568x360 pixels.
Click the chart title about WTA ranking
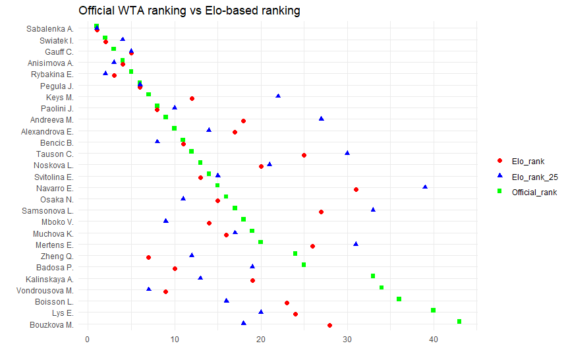pos(189,11)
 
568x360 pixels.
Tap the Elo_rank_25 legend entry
pos(534,176)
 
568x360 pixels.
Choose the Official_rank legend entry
pos(534,192)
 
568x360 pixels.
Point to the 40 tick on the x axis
pos(434,340)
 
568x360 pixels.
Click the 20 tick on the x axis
pos(261,340)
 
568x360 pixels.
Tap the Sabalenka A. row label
pos(49,29)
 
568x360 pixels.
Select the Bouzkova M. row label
pos(51,324)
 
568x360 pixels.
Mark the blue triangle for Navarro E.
pos(425,187)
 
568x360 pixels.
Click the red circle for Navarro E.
pos(356,189)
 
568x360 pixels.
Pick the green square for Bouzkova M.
pos(459,322)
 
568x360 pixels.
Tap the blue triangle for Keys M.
pos(278,96)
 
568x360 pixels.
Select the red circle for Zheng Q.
pos(148,257)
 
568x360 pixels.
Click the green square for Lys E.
pos(433,310)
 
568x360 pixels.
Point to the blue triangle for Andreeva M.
pos(322,119)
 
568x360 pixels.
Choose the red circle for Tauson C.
pos(304,155)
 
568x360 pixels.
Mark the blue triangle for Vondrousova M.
pos(148,289)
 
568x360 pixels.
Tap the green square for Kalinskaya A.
pos(373,276)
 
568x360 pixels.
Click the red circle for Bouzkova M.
pos(329,325)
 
